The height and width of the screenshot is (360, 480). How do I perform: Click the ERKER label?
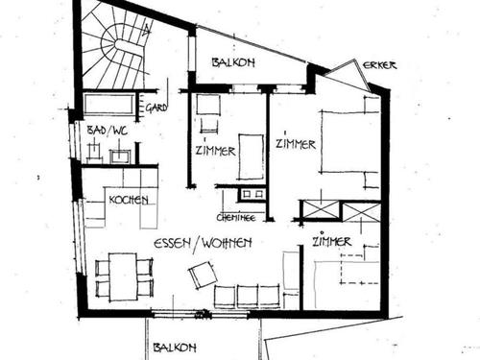379,65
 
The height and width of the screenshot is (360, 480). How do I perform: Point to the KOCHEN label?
128,199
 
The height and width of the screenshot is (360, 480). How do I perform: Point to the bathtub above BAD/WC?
108,104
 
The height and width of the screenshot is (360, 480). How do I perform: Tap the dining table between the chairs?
123,276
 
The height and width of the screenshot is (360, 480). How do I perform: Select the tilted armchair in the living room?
203,276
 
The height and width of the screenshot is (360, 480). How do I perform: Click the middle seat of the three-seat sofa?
246,296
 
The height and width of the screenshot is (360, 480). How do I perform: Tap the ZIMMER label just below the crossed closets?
330,242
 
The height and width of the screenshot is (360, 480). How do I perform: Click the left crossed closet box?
321,209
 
